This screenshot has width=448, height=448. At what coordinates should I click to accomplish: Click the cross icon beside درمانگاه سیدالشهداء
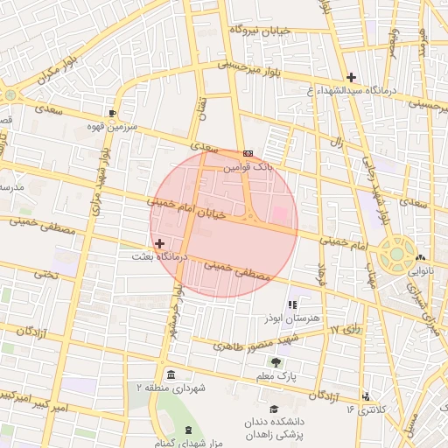351,77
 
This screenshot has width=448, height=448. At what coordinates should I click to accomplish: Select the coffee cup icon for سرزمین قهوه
112,114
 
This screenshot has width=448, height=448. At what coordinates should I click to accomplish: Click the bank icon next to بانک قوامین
249,152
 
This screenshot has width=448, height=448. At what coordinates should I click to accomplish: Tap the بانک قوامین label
248,164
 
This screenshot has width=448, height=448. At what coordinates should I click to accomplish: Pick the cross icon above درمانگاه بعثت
158,242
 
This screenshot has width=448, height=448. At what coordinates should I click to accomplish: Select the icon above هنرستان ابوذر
292,304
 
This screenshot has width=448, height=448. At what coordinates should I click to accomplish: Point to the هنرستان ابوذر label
292,318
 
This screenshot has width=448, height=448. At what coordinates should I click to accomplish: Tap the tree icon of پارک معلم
276,361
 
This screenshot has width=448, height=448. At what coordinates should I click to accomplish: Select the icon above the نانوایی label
421,257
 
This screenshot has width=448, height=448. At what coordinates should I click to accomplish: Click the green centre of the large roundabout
397,254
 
